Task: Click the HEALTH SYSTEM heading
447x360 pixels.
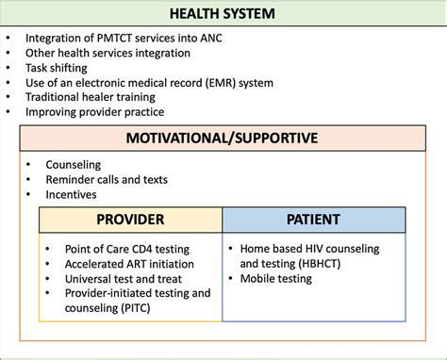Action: point(223,15)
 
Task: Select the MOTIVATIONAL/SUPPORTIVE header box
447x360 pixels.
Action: point(223,139)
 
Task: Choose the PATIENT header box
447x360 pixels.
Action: point(314,220)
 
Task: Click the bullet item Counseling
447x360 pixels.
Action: point(74,164)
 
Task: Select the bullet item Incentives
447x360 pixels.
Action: point(72,194)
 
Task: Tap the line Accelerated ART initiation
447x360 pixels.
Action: point(127,264)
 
